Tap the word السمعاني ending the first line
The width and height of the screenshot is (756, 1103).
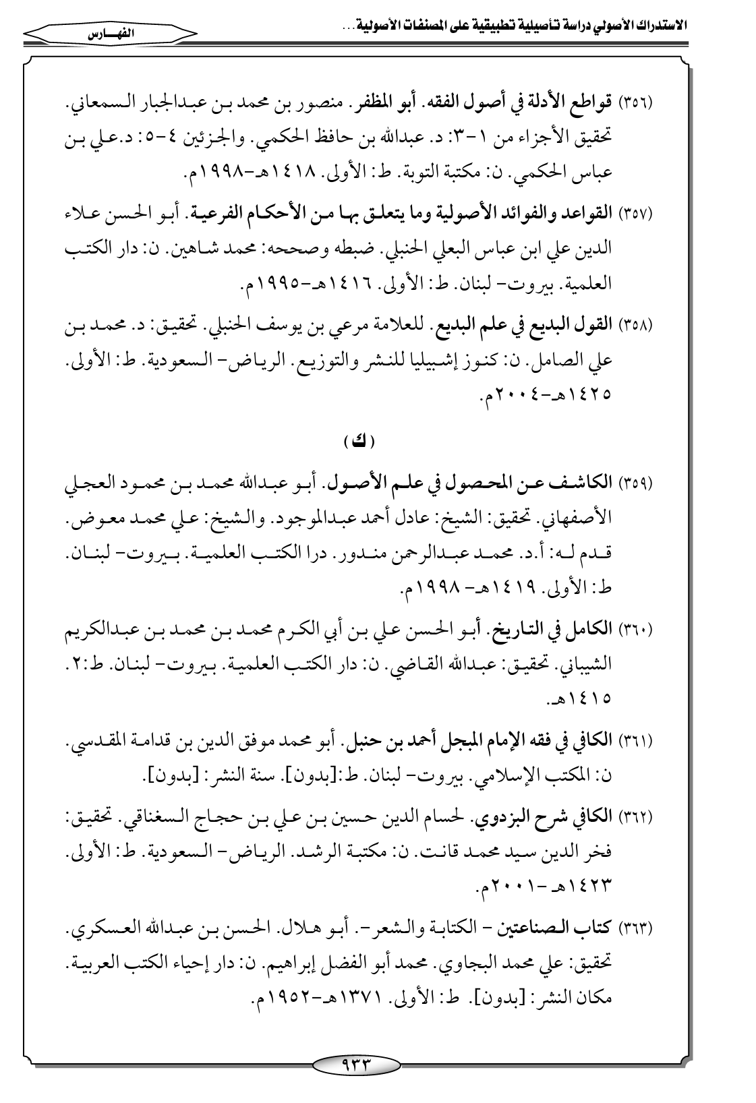tap(100, 107)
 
